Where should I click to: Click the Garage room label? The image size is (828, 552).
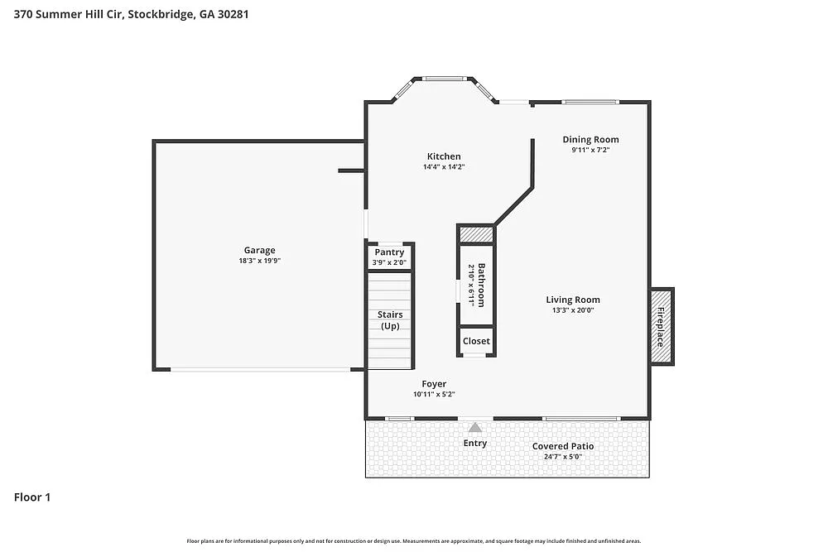pos(259,250)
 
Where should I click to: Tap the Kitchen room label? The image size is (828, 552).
pos(444,156)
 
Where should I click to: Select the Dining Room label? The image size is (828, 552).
pos(590,139)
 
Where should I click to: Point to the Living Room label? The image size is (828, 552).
pos(573,300)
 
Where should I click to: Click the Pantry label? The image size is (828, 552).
pos(389,252)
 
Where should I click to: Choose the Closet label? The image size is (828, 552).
pos(476,341)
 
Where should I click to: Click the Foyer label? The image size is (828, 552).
pos(434,384)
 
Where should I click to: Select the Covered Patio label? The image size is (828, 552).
pos(563,446)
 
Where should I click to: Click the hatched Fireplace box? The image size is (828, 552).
pos(662,326)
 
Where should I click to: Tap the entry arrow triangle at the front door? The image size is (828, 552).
pos(475,427)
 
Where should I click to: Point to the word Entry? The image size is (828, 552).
pos(475,443)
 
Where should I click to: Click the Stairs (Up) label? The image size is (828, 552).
pos(389,320)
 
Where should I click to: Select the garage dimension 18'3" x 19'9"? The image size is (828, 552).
pos(259,261)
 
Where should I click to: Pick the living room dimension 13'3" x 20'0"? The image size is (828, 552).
pos(573,310)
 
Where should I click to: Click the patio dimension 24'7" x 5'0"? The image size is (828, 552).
pos(563,457)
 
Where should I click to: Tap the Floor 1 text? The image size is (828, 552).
pos(32,497)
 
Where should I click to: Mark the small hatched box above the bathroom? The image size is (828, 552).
pos(476,234)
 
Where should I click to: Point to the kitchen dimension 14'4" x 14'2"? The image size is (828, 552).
pos(444,167)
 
